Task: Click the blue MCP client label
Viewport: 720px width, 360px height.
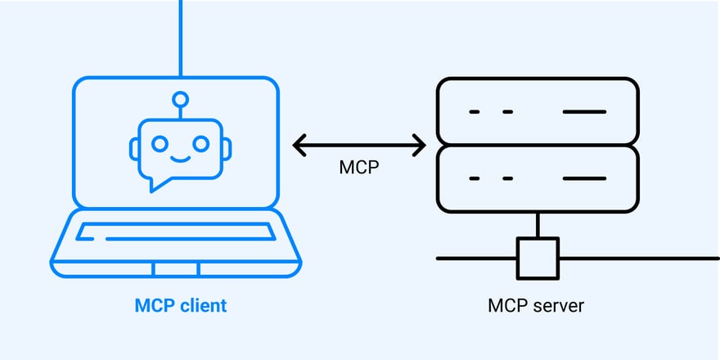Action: coord(180,306)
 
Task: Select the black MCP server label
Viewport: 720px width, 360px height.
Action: coord(536,306)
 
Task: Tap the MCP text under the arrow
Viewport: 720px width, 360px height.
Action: coord(359,168)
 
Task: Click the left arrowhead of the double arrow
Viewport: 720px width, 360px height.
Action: coord(298,146)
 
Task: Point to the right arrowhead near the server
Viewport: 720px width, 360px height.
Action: coord(421,146)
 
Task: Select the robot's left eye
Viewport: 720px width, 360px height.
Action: coord(162,142)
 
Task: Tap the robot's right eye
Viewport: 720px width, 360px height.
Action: coord(199,142)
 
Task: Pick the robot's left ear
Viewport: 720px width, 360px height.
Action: coord(134,147)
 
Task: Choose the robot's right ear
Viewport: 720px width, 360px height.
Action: coord(227,147)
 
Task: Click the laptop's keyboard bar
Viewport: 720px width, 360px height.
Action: coord(176,232)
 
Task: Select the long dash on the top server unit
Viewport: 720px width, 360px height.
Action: coord(584,111)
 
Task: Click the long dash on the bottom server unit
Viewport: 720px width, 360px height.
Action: coord(584,178)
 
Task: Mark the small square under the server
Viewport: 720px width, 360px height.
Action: coord(537,258)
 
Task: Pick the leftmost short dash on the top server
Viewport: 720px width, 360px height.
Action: coord(474,111)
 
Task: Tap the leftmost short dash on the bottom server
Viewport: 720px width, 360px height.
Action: coord(474,178)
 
